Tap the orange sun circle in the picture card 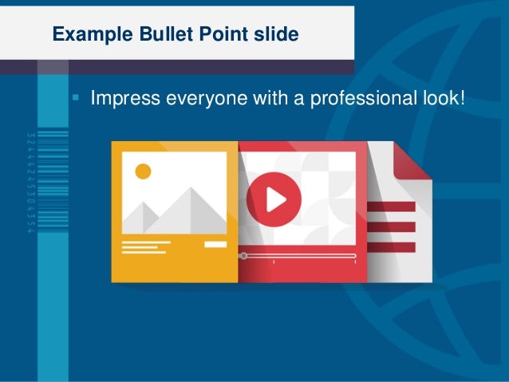point(143,171)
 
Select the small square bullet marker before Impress point(76,100)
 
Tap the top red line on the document point(392,207)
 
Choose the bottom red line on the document point(392,247)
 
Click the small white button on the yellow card point(215,244)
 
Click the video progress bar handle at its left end point(243,256)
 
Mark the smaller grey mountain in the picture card point(142,216)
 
